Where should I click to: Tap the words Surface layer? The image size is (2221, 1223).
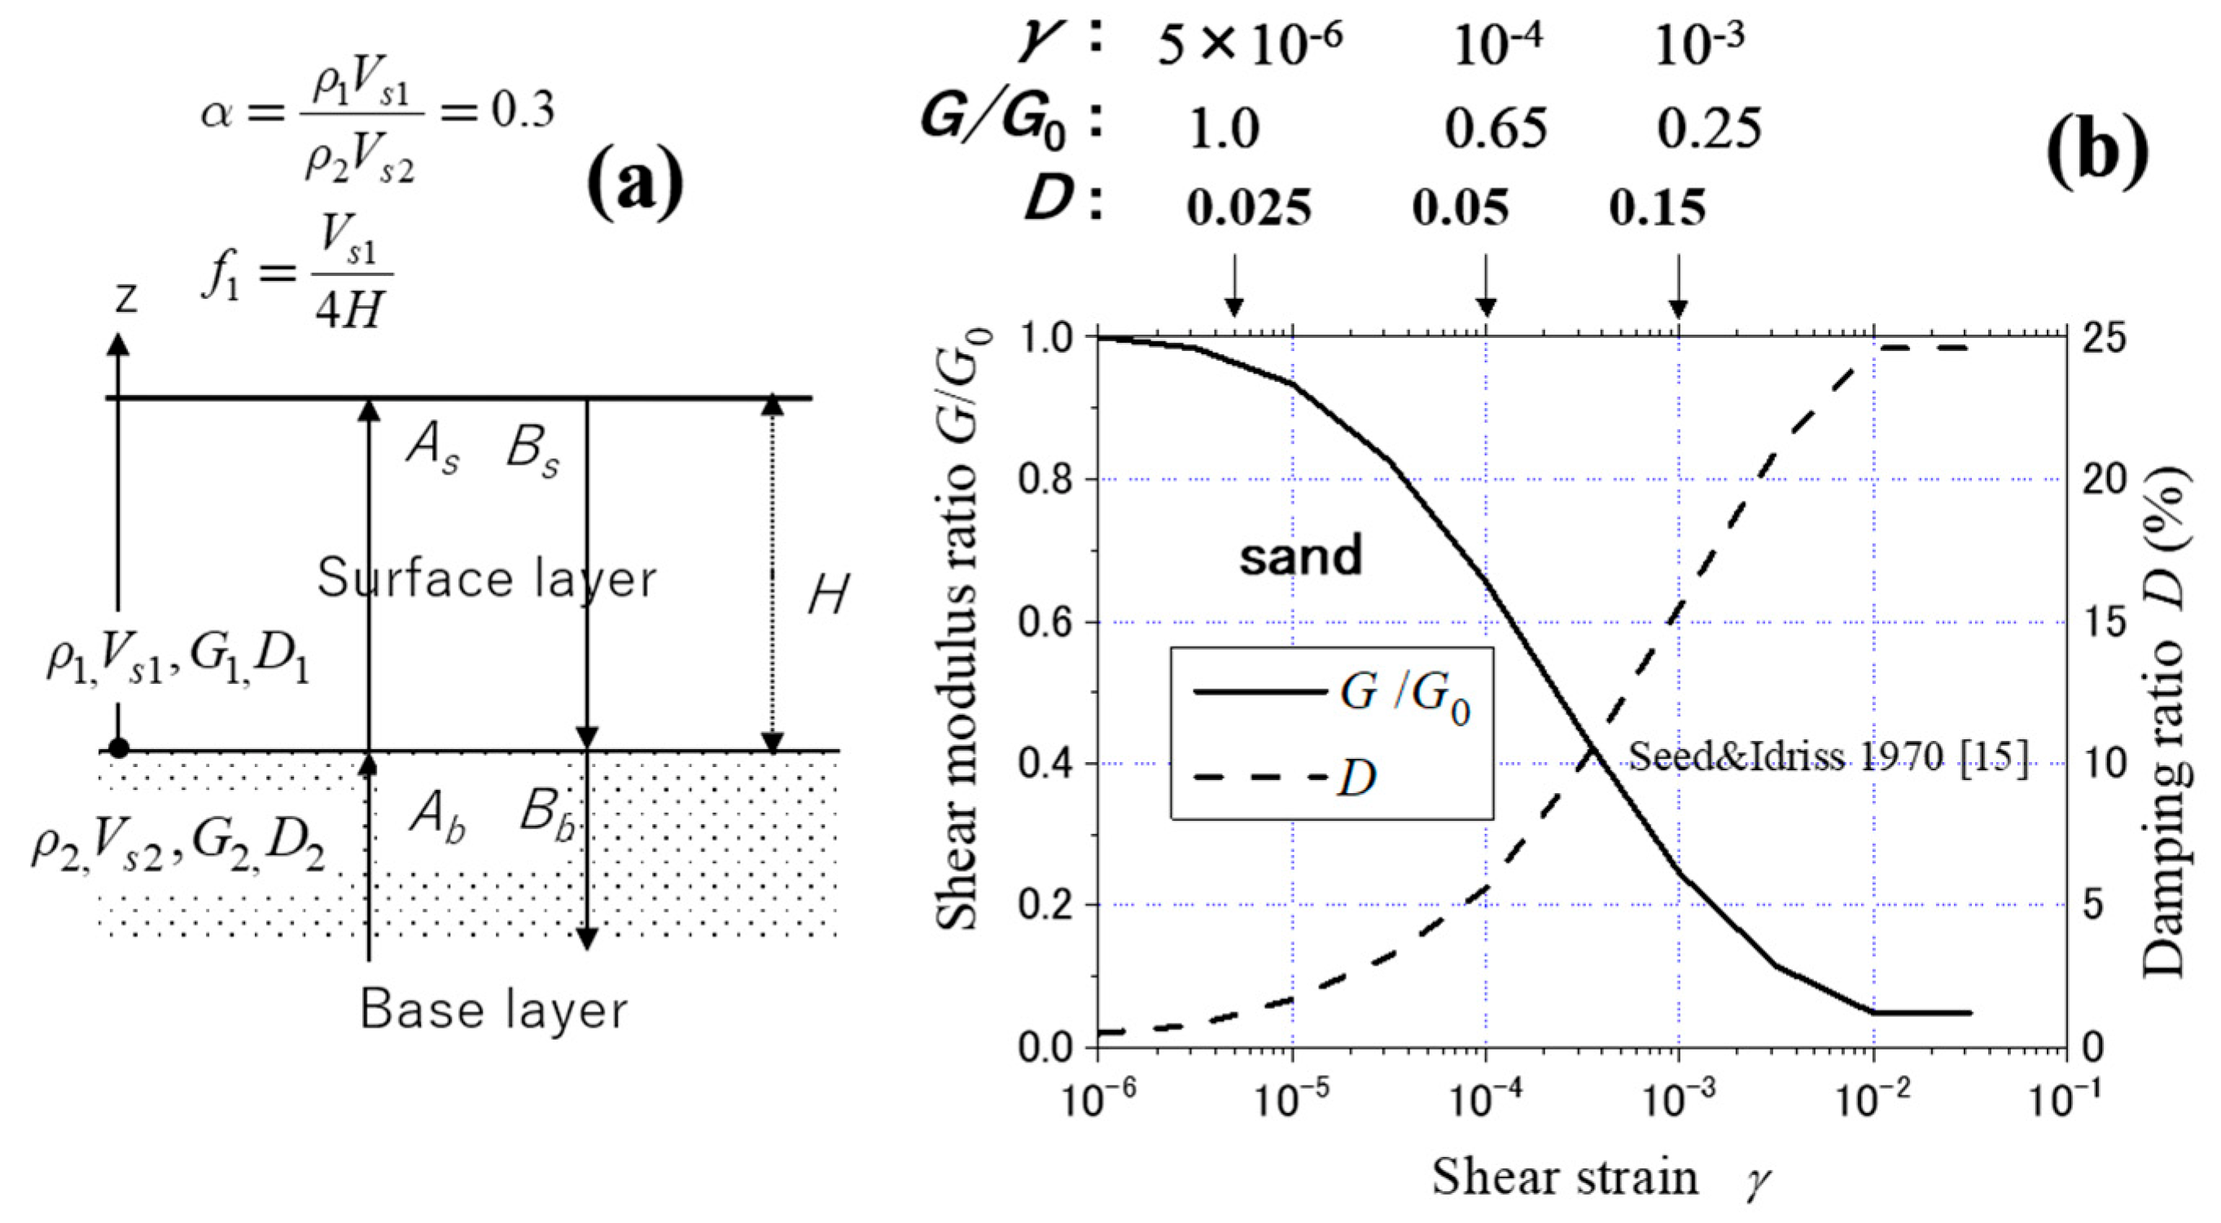(x=486, y=578)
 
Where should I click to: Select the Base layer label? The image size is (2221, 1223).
(x=493, y=1009)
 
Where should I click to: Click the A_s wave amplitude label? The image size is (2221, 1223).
(x=433, y=450)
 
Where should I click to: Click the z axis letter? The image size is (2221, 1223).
(x=127, y=297)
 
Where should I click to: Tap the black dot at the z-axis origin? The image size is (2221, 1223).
(x=119, y=747)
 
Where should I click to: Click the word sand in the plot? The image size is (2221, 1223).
(x=1300, y=555)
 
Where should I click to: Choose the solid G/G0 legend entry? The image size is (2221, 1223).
(x=1332, y=692)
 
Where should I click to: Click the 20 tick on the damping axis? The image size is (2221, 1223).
(x=2107, y=480)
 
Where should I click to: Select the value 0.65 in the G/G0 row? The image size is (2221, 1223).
(x=1496, y=129)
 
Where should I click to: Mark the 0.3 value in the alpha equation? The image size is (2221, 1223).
(x=523, y=112)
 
